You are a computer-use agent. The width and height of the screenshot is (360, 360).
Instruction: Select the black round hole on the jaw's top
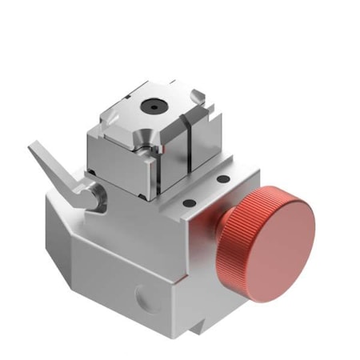(150, 104)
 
